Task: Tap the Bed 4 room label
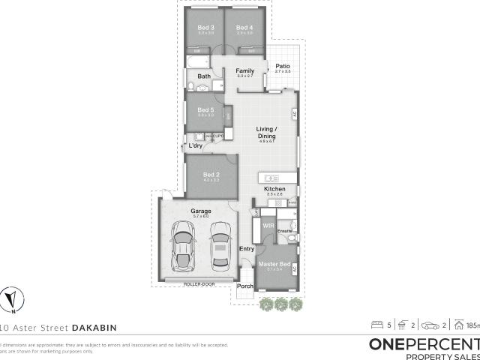[243, 28]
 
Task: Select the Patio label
[282, 66]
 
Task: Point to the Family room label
[245, 70]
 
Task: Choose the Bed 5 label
[205, 109]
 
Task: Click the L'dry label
[196, 145]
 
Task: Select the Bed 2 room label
[211, 175]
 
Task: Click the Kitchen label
[274, 188]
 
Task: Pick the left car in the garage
[182, 247]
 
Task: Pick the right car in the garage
[219, 247]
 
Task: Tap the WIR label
[266, 224]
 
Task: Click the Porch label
[244, 286]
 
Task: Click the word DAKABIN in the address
[94, 327]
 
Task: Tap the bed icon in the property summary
[376, 325]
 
